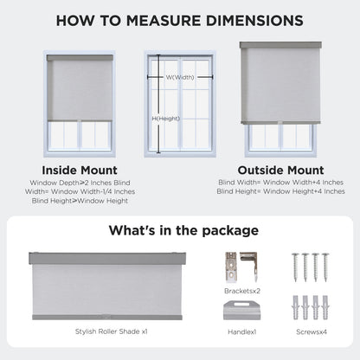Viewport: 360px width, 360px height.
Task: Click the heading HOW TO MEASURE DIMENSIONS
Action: [x=179, y=19]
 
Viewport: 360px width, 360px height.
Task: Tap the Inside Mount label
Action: [x=80, y=170]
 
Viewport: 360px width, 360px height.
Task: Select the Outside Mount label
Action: [x=280, y=170]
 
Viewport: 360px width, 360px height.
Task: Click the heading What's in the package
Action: [x=179, y=230]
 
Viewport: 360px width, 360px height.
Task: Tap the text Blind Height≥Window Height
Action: [x=80, y=200]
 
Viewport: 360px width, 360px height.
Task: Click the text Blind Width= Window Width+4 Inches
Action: [x=280, y=183]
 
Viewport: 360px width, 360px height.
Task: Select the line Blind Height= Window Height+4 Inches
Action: [x=280, y=191]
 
